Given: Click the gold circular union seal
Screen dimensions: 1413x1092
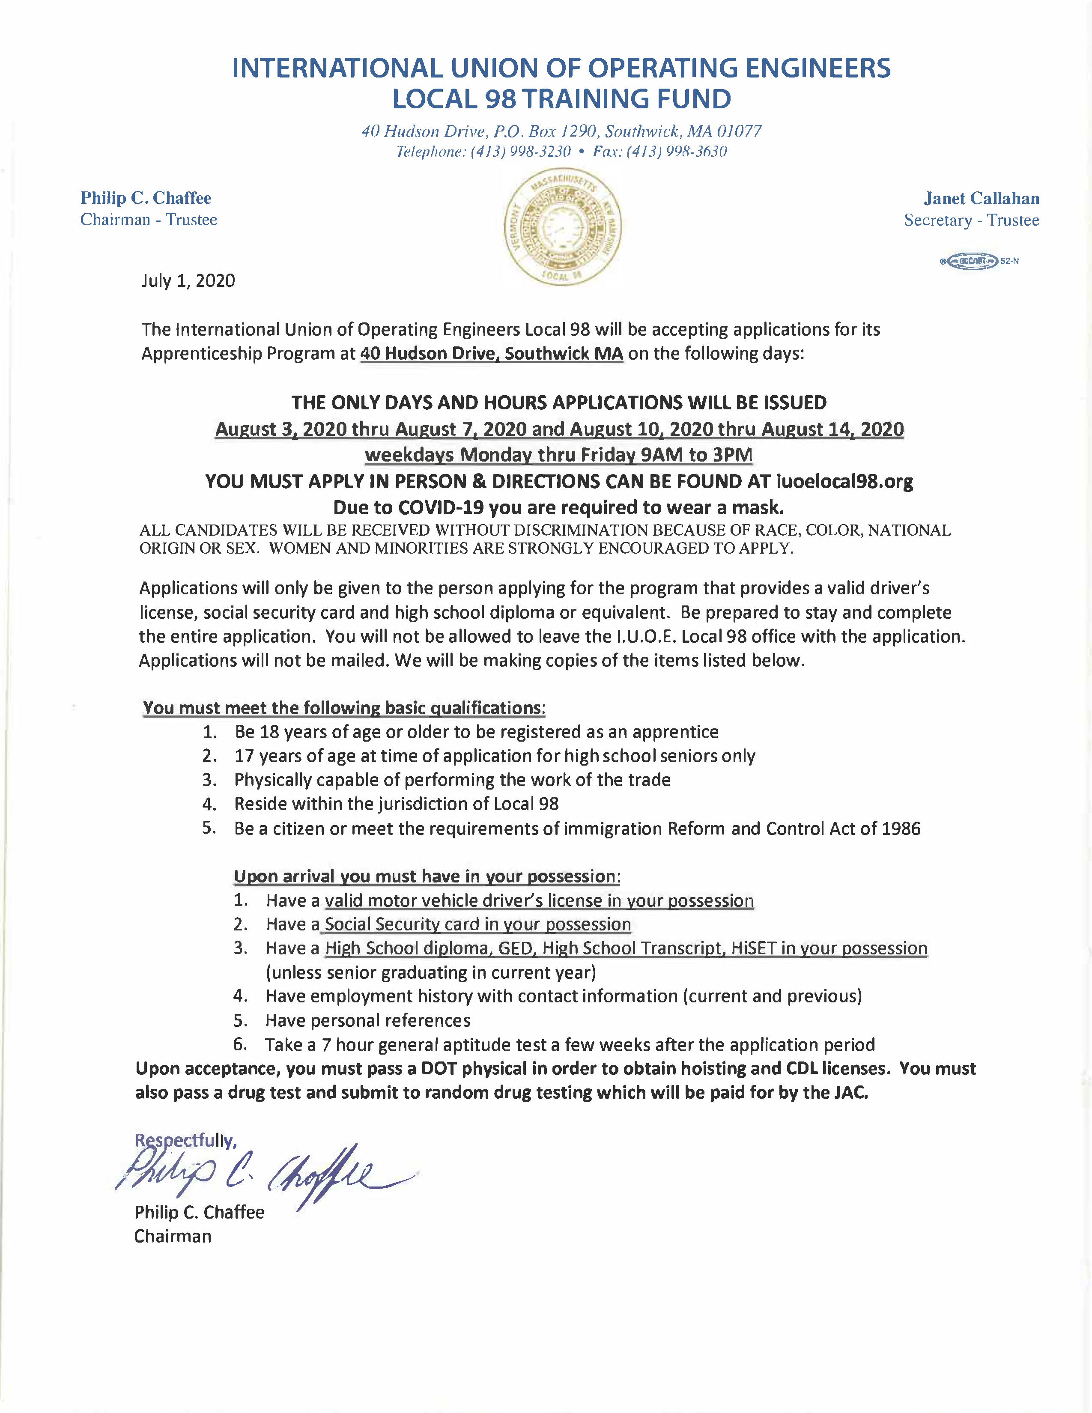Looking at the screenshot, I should click(562, 228).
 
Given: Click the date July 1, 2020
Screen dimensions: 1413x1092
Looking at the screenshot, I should click(188, 281).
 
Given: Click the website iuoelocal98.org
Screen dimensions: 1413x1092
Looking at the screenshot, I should click(844, 481).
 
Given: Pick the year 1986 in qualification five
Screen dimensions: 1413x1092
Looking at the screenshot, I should click(901, 829).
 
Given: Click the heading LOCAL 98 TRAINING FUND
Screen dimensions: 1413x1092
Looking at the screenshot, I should click(561, 99).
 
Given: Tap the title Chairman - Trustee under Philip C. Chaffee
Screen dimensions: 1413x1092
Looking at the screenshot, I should click(149, 220).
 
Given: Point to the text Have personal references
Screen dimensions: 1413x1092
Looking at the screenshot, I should click(367, 1020).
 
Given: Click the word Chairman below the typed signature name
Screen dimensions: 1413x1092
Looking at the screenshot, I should click(173, 1237).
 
